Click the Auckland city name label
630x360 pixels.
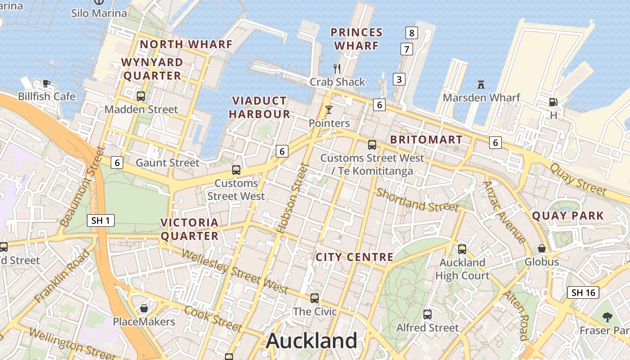[311, 341]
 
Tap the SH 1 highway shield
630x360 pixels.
[101, 220]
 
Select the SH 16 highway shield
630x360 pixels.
[583, 292]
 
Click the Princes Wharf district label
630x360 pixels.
[356, 39]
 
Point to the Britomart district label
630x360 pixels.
[426, 139]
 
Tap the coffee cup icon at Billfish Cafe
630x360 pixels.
[46, 83]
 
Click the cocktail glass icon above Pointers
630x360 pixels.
[329, 110]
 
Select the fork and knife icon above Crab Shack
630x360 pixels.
[337, 68]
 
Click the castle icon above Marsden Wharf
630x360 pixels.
[481, 84]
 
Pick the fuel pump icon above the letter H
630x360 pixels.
[553, 102]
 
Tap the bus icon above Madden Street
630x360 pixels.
[141, 96]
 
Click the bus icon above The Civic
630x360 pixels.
[315, 298]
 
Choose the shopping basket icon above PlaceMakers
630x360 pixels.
[144, 308]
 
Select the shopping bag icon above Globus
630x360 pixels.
[542, 248]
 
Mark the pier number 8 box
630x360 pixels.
[411, 32]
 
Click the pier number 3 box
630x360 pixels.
[399, 79]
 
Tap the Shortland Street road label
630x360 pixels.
[417, 200]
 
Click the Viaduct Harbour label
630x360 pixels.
[260, 108]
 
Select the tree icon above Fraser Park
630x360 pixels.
[607, 317]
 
